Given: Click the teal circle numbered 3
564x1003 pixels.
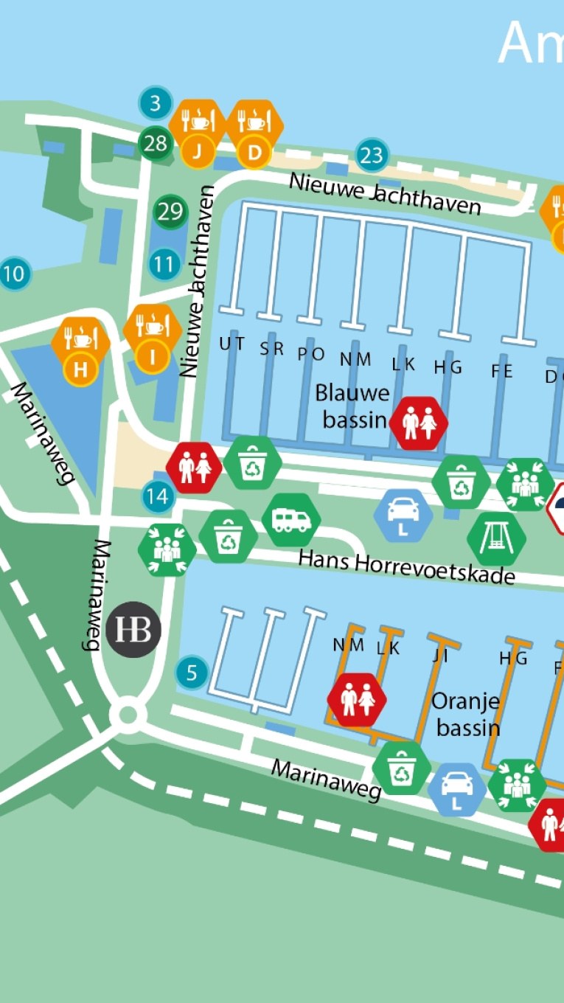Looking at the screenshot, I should pos(155,103).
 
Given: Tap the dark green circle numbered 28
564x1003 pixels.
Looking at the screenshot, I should pos(156,143).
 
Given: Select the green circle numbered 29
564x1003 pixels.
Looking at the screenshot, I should pos(170,212).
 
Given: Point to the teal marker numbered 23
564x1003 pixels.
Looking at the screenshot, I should pos(372,156).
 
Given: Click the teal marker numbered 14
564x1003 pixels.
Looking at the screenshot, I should pos(157,497).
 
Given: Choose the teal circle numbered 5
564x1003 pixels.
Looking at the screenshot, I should pos(192,673).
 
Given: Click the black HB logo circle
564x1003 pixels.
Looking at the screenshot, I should pos(133,629).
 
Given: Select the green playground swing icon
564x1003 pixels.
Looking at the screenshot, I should pos(496,538).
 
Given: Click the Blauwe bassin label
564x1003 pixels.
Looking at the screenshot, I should pos(352,406).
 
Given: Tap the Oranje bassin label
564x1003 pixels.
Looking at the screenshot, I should pos(467,714).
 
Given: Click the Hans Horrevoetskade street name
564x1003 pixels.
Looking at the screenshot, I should pos(406,566).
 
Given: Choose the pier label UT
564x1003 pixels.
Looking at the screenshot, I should pos(231,344).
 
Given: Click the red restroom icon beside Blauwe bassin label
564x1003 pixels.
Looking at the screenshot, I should pos(419,423).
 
